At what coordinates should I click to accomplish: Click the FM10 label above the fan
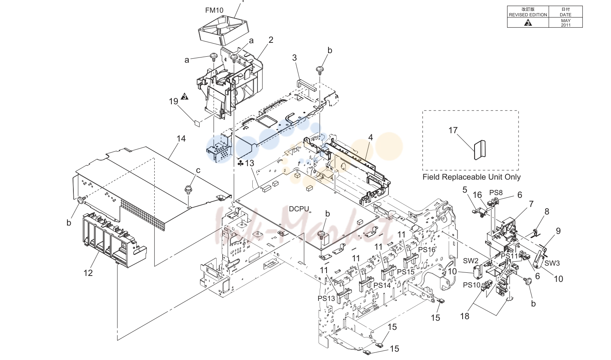[x=214, y=10]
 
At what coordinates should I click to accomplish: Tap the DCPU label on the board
[x=299, y=209]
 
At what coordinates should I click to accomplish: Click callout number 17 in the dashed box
[x=453, y=130]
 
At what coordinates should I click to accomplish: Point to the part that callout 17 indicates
[x=480, y=150]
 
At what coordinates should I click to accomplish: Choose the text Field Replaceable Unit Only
[x=471, y=177]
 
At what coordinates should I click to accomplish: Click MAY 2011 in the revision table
[x=565, y=23]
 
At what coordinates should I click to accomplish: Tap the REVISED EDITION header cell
[x=528, y=15]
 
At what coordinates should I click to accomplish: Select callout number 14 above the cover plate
[x=181, y=139]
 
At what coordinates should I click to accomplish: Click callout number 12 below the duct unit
[x=88, y=273]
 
